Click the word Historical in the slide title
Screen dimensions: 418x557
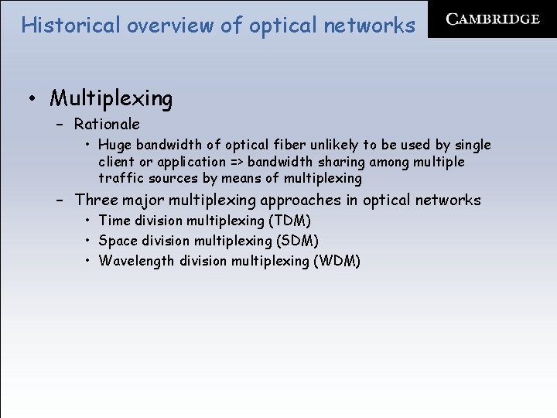70,25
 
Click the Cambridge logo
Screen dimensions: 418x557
493,19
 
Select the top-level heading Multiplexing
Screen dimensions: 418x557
111,98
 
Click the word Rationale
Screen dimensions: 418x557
107,124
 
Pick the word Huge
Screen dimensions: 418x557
115,145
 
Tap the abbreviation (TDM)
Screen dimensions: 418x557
289,221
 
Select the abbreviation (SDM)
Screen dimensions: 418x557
296,241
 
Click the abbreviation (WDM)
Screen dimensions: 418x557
337,261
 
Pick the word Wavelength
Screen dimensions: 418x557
137,261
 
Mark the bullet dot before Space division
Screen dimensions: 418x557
90,241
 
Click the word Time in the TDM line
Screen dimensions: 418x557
114,221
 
